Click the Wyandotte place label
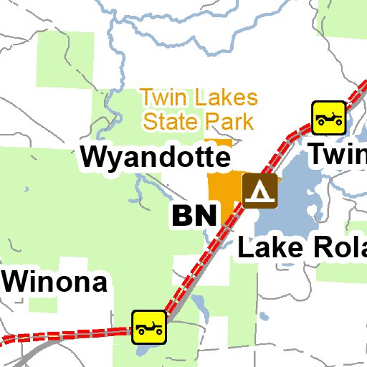[154, 156]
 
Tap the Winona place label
[55, 282]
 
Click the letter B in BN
[182, 215]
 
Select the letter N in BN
[204, 215]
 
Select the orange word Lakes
[224, 98]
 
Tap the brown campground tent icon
[259, 190]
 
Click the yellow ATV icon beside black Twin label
[329, 116]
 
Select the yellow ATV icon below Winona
[149, 327]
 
